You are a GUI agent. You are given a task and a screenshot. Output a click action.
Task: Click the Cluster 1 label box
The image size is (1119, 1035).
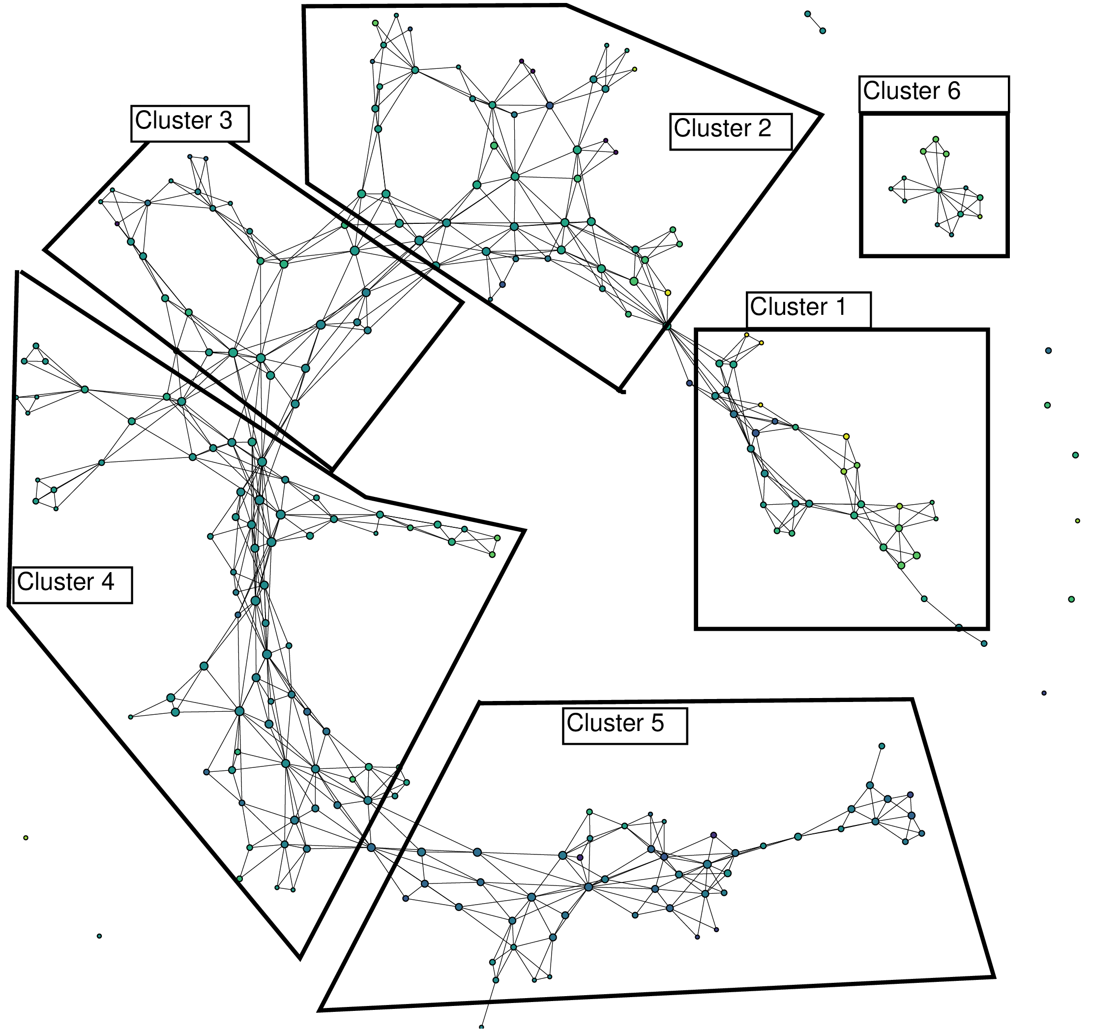[x=808, y=309]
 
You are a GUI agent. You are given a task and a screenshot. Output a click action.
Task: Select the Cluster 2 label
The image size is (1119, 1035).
[x=731, y=132]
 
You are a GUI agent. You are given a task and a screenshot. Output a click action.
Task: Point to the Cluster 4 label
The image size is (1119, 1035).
[x=72, y=585]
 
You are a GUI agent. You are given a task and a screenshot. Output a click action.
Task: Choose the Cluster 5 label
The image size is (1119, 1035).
[x=624, y=727]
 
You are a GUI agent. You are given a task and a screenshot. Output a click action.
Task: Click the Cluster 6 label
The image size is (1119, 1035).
[x=933, y=93]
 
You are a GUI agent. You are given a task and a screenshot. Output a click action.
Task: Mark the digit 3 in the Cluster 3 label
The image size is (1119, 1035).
[x=226, y=121]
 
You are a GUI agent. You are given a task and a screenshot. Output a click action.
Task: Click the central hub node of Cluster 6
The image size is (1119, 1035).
[x=939, y=190]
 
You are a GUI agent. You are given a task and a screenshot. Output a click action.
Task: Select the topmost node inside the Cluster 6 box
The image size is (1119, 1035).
[x=936, y=139]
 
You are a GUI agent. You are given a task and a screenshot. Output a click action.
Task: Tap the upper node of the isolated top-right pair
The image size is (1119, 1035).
[x=807, y=14]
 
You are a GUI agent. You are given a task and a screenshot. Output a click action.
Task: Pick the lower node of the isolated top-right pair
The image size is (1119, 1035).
[x=823, y=31]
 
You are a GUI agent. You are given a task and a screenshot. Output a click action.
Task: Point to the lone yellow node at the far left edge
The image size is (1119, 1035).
[x=26, y=838]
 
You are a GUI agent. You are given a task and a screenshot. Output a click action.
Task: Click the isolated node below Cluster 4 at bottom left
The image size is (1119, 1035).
[x=99, y=936]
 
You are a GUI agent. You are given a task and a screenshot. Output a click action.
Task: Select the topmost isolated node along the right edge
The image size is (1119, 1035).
[x=1048, y=351]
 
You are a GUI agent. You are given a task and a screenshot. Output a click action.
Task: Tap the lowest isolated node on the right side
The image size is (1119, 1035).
[x=1044, y=693]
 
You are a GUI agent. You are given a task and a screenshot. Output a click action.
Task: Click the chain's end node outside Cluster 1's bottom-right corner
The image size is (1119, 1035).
[x=984, y=643]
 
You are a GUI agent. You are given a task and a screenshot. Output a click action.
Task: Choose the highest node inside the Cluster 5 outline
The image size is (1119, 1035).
[x=882, y=746]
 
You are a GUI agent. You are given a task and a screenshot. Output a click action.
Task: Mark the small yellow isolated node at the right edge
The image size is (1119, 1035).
[x=1078, y=521]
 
